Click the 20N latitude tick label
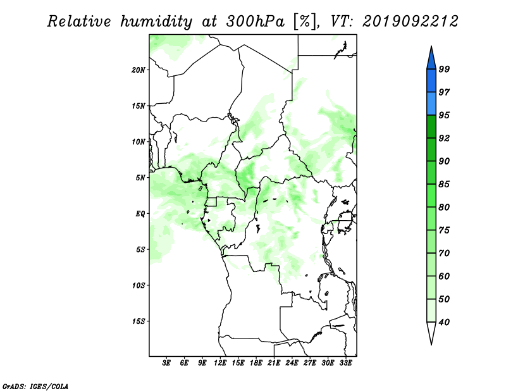(x=139, y=70)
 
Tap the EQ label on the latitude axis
(x=140, y=214)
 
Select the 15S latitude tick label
(x=139, y=321)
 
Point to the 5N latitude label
(x=140, y=178)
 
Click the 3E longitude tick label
(x=166, y=363)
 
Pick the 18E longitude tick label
(x=256, y=363)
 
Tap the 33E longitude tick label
(x=345, y=363)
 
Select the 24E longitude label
(x=292, y=363)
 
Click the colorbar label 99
(x=444, y=69)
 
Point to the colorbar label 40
(x=444, y=322)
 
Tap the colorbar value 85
(x=444, y=184)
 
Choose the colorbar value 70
(x=444, y=253)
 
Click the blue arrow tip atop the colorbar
(x=431, y=46)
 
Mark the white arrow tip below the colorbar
(x=431, y=345)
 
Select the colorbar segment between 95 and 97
(x=431, y=104)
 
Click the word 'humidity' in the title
(x=156, y=22)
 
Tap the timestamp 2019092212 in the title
(x=410, y=22)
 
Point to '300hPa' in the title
(x=255, y=22)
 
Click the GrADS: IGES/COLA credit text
(x=35, y=386)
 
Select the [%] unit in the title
(x=305, y=22)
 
